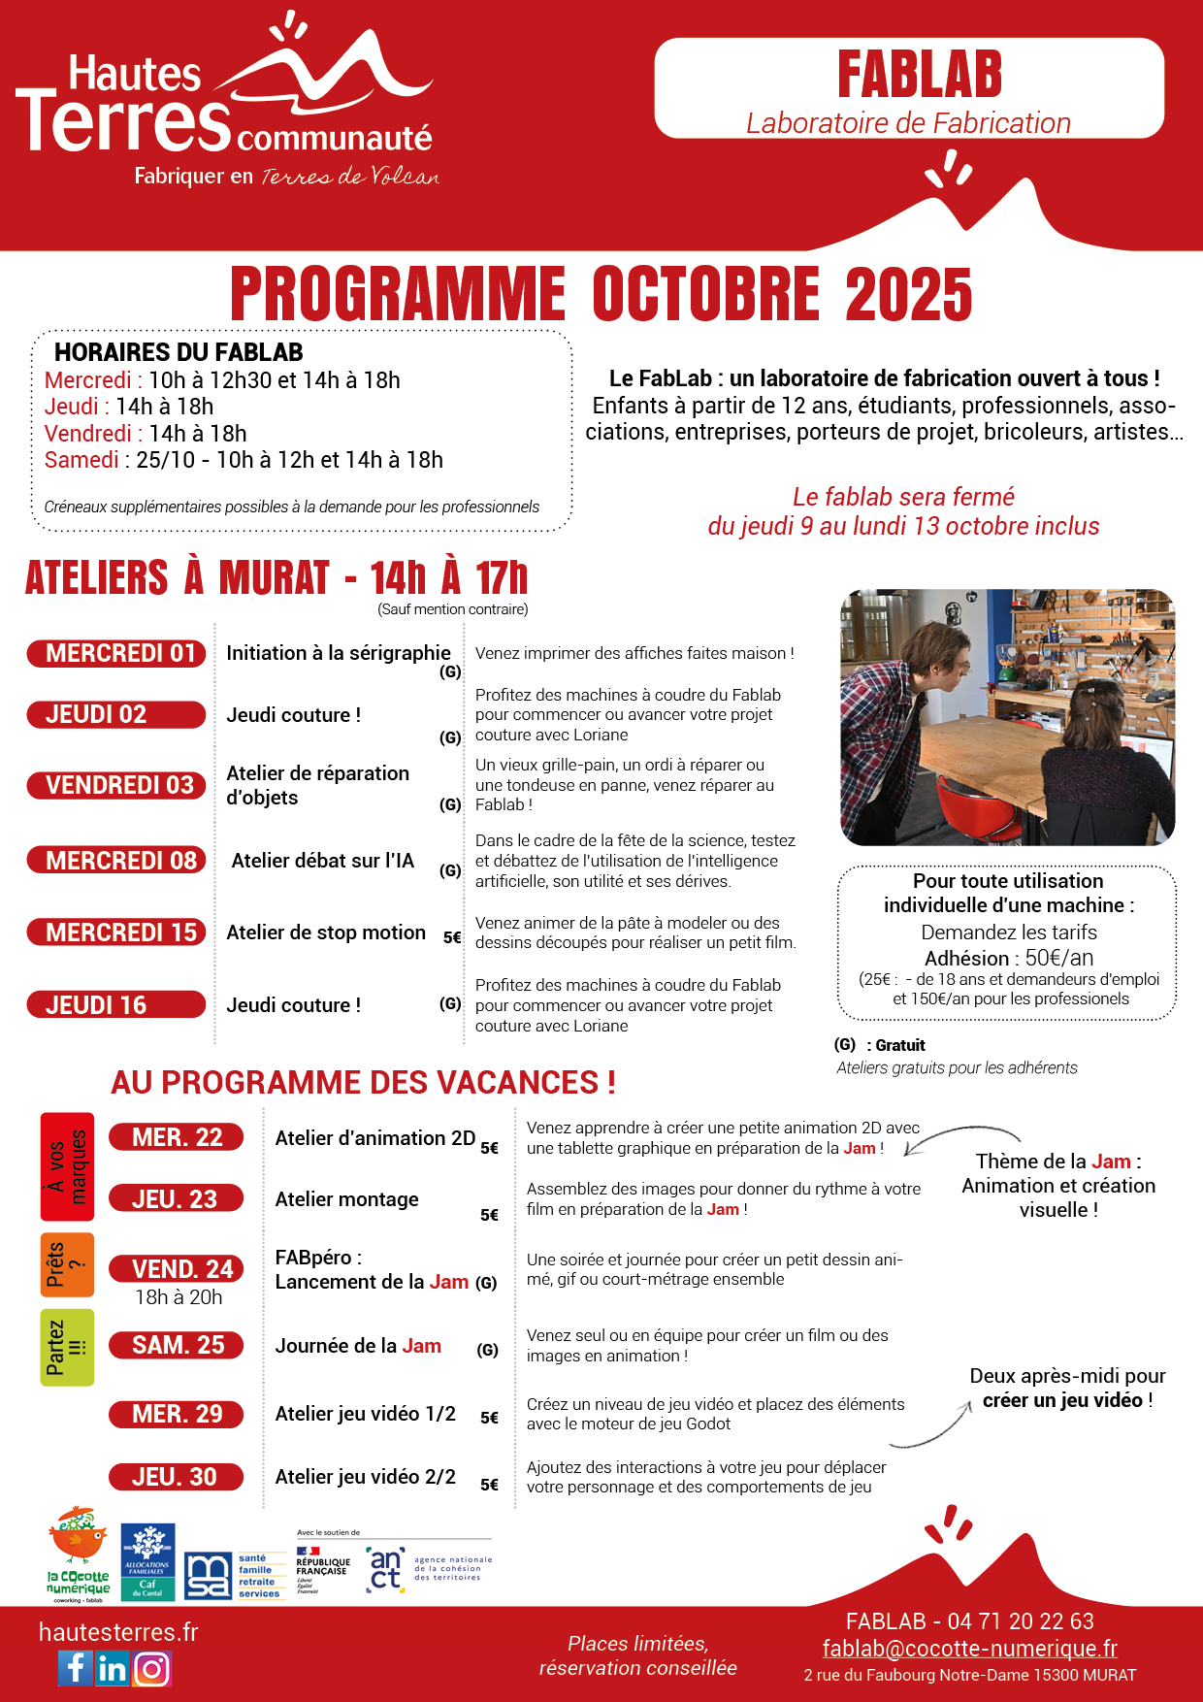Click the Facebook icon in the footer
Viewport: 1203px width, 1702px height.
[x=75, y=1668]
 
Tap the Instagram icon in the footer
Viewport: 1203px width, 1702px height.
[x=152, y=1668]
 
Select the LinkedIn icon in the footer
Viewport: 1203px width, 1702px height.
[x=113, y=1668]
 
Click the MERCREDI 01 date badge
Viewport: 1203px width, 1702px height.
[x=116, y=653]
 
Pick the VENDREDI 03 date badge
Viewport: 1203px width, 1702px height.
[x=116, y=785]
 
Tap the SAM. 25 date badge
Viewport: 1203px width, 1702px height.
[x=177, y=1345]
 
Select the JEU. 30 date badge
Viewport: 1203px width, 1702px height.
[x=176, y=1477]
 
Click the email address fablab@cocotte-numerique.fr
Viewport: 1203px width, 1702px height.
[x=969, y=1648]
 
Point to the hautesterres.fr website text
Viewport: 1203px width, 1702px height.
[x=118, y=1632]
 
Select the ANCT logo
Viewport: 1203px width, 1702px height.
[x=386, y=1568]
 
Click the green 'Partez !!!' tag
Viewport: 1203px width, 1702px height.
[x=67, y=1347]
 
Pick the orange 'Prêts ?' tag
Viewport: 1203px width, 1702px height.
[x=67, y=1264]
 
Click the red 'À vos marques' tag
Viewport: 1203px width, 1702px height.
[x=67, y=1166]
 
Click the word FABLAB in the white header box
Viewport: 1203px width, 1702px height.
[x=919, y=76]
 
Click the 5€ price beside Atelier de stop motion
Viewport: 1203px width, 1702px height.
[x=452, y=937]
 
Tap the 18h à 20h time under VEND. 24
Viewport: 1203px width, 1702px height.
[x=179, y=1297]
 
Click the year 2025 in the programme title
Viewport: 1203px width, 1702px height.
[x=908, y=295]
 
